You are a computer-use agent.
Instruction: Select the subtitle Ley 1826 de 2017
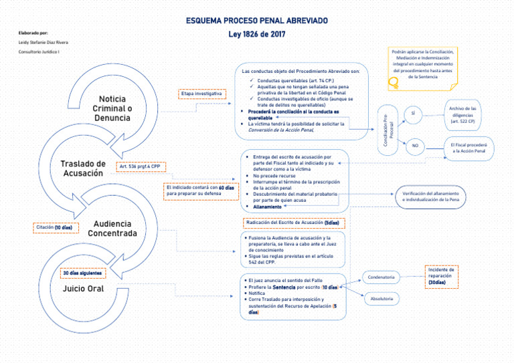[257, 34]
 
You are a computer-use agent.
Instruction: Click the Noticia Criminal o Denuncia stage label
[112, 108]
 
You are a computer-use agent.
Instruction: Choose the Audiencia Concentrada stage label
[112, 229]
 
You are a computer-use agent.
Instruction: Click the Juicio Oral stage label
[83, 289]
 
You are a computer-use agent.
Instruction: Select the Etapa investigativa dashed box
[202, 94]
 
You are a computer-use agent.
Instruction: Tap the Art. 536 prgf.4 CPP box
[141, 167]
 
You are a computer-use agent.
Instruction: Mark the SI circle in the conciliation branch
[413, 114]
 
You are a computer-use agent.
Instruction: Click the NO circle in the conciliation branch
[414, 146]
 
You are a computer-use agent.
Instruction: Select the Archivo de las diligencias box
[462, 114]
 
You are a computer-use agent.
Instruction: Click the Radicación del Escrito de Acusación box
[292, 223]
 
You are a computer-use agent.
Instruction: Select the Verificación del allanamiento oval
[430, 196]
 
